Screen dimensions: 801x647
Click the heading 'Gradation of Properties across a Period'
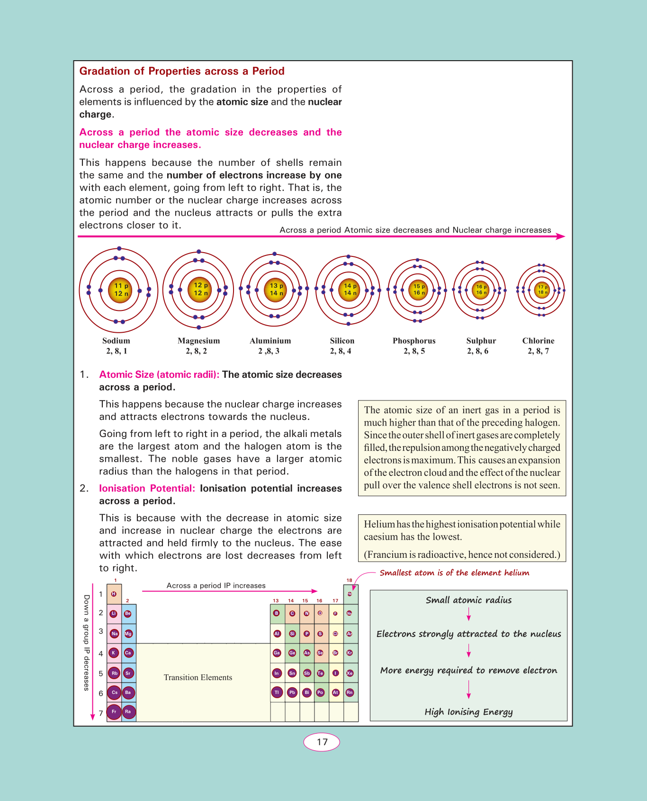pyautogui.click(x=182, y=71)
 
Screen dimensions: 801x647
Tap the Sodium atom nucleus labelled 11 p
pyautogui.click(x=118, y=290)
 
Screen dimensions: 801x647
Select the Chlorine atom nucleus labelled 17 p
pyautogui.click(x=541, y=290)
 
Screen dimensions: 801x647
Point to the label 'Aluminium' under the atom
pyautogui.click(x=270, y=341)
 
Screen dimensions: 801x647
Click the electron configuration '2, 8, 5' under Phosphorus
pyautogui.click(x=414, y=351)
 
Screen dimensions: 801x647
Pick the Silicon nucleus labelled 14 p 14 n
pyautogui.click(x=348, y=290)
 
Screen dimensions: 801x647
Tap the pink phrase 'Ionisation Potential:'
pyautogui.click(x=147, y=489)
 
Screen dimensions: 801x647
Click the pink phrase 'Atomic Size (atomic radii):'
pyautogui.click(x=159, y=375)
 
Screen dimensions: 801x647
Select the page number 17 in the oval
pyautogui.click(x=322, y=742)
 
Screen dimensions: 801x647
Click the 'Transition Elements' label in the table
pyautogui.click(x=198, y=678)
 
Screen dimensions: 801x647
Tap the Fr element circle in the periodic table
pyautogui.click(x=114, y=712)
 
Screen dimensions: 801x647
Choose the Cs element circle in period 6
pyautogui.click(x=114, y=692)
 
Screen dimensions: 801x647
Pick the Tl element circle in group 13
pyautogui.click(x=277, y=692)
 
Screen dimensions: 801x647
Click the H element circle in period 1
pyautogui.click(x=114, y=594)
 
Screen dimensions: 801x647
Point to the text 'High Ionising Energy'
pyautogui.click(x=468, y=712)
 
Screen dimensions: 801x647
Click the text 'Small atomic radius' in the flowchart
pyautogui.click(x=468, y=600)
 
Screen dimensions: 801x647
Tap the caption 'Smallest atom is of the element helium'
pyautogui.click(x=454, y=573)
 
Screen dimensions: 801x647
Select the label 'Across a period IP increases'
pyautogui.click(x=216, y=586)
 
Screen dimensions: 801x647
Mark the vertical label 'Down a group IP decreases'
pyautogui.click(x=86, y=643)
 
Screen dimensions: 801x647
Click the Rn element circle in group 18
pyautogui.click(x=350, y=692)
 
